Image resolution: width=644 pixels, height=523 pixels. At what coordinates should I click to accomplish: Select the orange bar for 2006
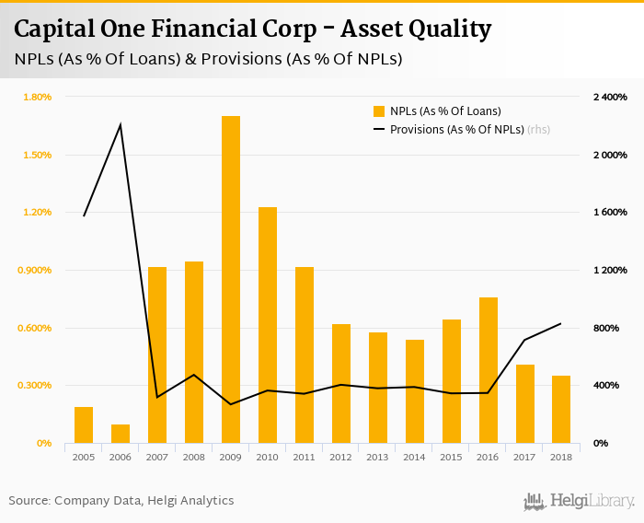click(x=121, y=434)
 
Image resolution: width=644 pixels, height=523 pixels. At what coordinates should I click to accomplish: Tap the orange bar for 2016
click(x=489, y=370)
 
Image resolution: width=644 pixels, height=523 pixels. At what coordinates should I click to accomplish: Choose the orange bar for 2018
click(x=561, y=409)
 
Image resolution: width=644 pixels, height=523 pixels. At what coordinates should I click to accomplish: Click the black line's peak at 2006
click(x=121, y=124)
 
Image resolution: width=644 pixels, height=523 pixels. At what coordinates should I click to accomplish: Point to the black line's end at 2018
click(x=561, y=323)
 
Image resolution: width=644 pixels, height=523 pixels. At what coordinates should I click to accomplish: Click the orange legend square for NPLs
click(x=378, y=111)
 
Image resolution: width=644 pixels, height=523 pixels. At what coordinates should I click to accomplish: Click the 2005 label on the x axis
click(x=84, y=457)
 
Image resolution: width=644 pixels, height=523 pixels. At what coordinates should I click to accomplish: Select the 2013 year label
click(x=378, y=457)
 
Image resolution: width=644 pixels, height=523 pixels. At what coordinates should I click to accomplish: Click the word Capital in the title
click(x=52, y=29)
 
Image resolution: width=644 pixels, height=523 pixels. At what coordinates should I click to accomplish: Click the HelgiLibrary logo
click(x=580, y=501)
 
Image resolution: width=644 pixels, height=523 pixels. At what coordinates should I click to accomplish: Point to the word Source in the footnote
click(x=29, y=500)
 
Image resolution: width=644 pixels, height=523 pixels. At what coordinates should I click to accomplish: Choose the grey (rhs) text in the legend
click(x=539, y=130)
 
